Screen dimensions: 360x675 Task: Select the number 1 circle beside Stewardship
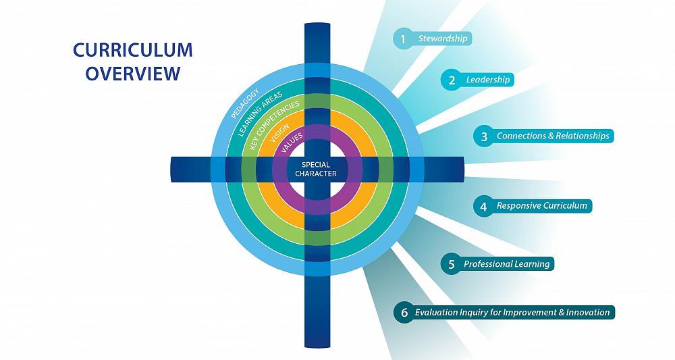pos(403,38)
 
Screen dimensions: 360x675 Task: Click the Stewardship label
pos(442,38)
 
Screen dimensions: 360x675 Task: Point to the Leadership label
pos(487,80)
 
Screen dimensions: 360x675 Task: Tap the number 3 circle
pos(483,136)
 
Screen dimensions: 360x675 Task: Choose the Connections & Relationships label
pos(553,136)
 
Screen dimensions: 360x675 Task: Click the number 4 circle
pos(483,206)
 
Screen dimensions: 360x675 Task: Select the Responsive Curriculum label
pos(542,205)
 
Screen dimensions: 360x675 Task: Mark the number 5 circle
pos(451,264)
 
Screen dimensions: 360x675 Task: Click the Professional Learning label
pos(506,264)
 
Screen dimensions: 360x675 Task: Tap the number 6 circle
pos(404,313)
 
